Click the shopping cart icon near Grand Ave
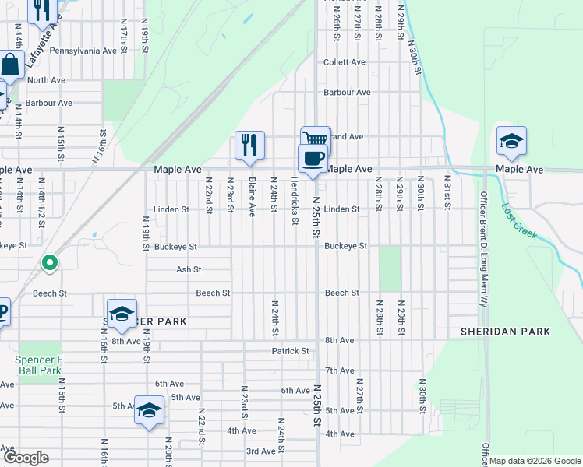[x=316, y=138]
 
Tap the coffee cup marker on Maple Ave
[x=313, y=158]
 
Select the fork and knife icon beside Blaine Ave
[x=249, y=144]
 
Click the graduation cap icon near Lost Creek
[x=511, y=141]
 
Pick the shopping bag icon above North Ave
[x=9, y=65]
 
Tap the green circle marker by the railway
[x=50, y=263]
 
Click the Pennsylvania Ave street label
[x=83, y=51]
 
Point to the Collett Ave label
[x=344, y=62]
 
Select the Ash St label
[x=189, y=269]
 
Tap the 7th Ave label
[x=340, y=370]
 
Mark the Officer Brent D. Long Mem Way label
[x=483, y=248]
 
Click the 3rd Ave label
[x=262, y=451]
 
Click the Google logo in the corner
[x=25, y=458]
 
